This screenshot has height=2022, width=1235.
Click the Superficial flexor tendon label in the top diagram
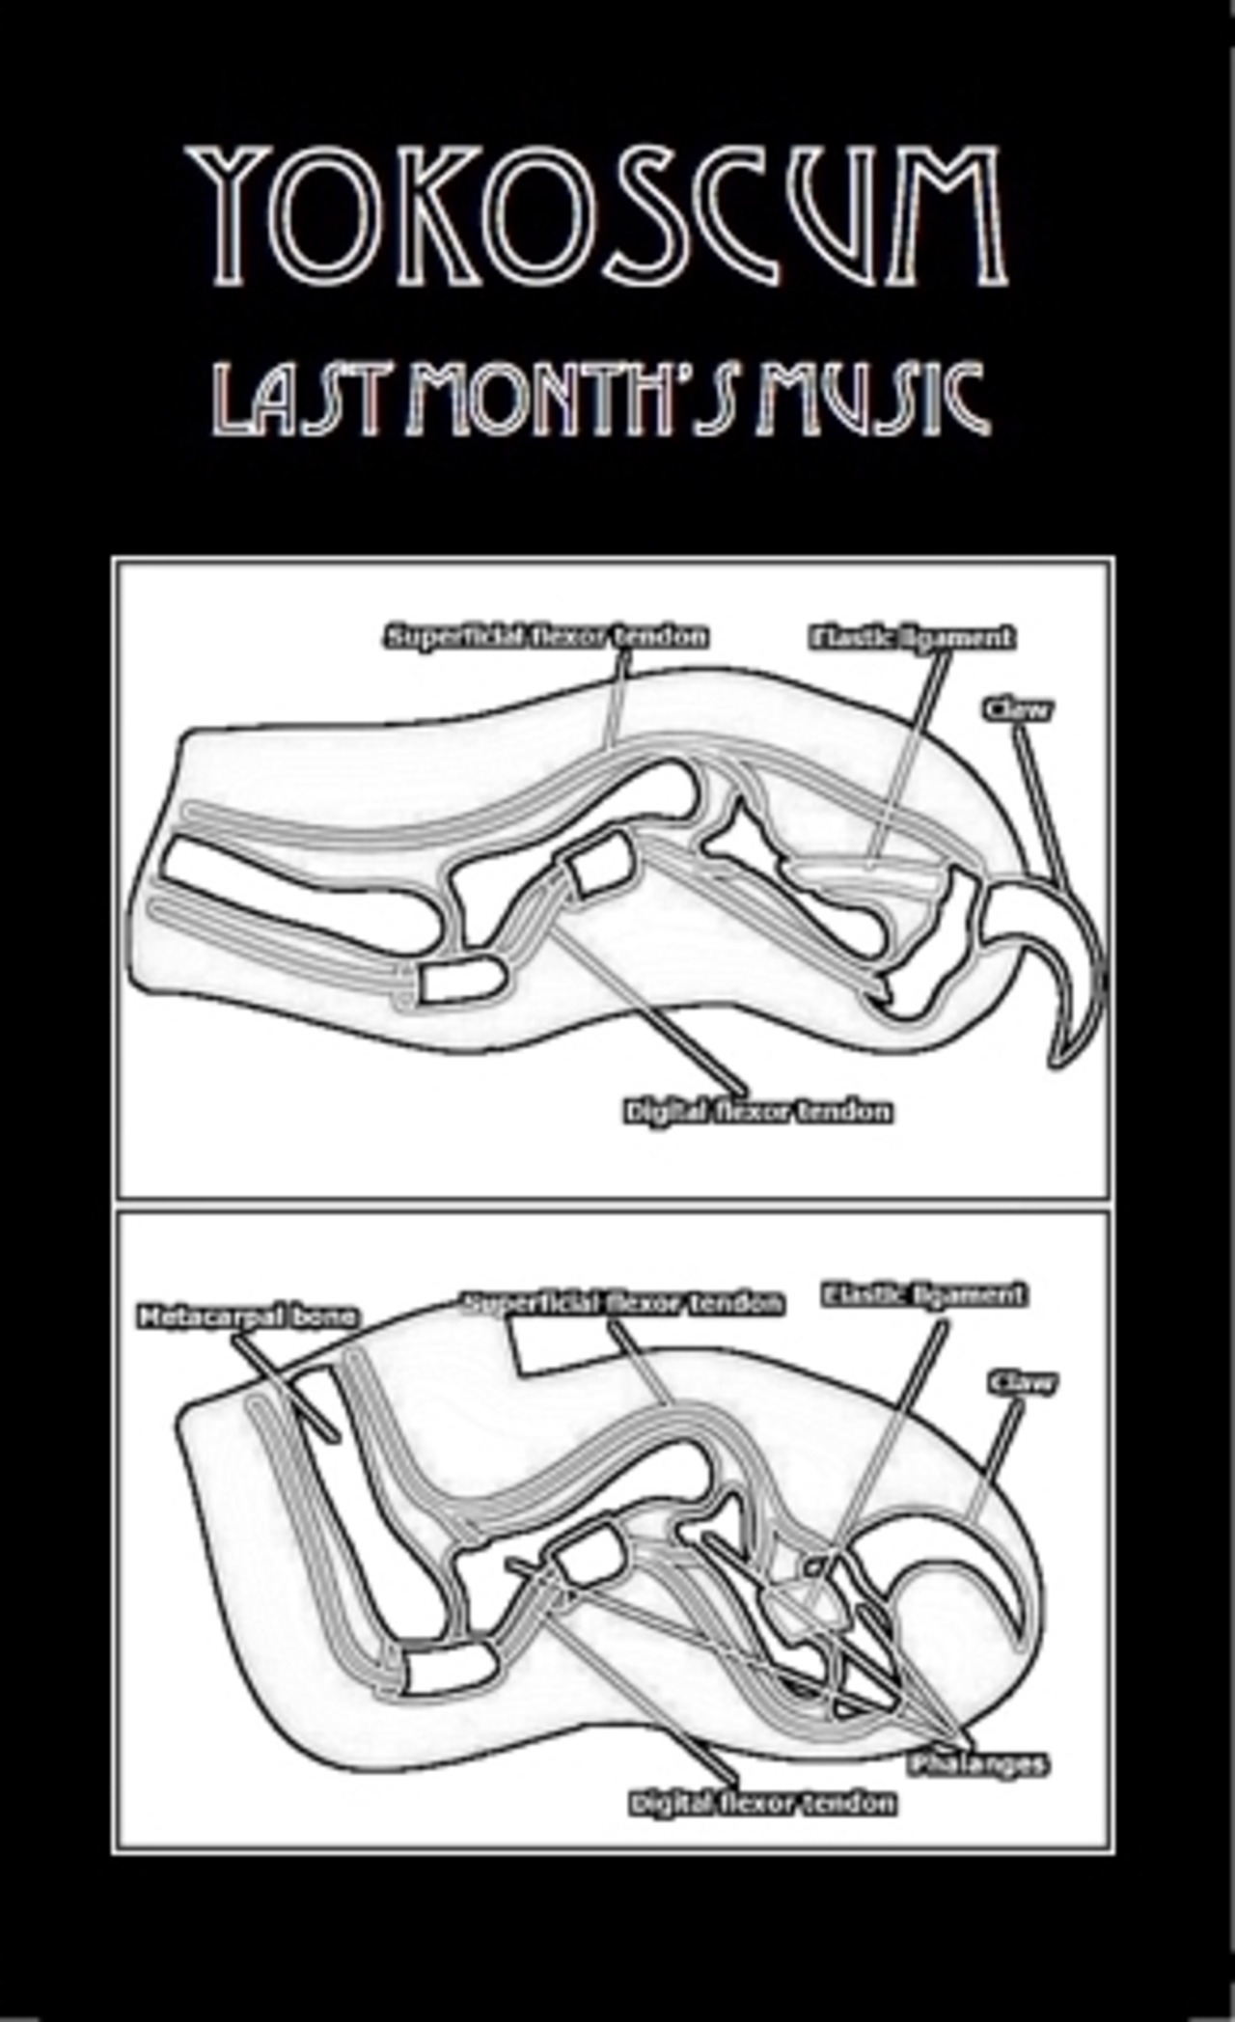point(546,637)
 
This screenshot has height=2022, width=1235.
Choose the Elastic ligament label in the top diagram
point(912,637)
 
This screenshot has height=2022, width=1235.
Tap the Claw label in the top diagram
point(1018,709)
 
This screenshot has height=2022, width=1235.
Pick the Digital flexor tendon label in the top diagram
point(757,1112)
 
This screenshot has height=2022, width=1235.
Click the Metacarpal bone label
point(247,1316)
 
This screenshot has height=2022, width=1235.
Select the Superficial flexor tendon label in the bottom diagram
point(623,1303)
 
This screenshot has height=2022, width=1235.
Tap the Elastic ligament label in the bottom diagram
point(923,1294)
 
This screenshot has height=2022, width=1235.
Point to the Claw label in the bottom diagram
point(1022,1383)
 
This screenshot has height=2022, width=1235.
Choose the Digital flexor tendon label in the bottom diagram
point(762,1803)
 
